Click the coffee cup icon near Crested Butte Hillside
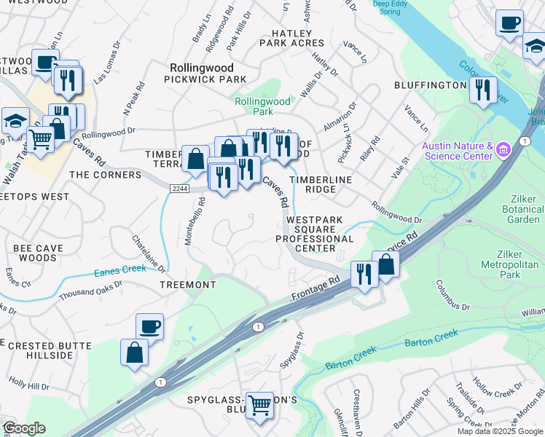point(149,327)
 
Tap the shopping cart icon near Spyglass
point(259,404)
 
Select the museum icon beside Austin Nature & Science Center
point(503,151)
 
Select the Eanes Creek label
point(120,272)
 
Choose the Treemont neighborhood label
point(187,285)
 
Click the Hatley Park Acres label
point(297,39)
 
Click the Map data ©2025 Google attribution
point(500,431)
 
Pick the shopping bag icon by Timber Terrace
point(195,158)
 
